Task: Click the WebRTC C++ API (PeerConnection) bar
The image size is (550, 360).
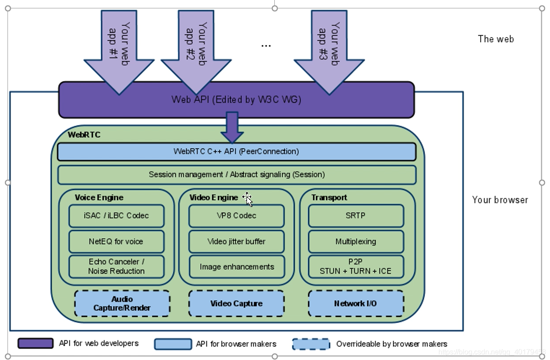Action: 237,151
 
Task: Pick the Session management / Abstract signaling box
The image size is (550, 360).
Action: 237,175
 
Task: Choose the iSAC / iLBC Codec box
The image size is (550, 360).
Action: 116,216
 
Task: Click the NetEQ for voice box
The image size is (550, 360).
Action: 116,241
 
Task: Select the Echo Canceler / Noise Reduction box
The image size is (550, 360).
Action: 116,266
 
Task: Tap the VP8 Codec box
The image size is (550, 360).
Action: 236,216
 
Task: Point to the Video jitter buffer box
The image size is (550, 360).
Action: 236,241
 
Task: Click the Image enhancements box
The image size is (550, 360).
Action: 236,266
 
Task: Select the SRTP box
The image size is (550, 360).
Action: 356,216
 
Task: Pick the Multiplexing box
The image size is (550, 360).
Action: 356,241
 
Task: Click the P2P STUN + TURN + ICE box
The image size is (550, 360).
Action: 356,266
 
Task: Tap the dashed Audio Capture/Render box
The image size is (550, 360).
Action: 122,304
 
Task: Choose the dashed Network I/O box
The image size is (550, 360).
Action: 356,304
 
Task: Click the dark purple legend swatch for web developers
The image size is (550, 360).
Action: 36,343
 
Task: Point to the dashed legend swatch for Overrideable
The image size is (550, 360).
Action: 311,344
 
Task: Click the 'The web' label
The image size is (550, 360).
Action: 496,39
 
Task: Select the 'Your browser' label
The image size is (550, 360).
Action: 500,200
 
